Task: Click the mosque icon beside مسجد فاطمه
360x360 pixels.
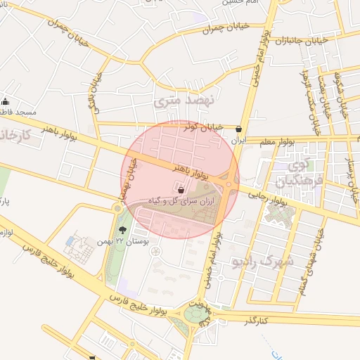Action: click(6, 101)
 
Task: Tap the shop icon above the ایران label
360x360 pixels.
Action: click(240, 129)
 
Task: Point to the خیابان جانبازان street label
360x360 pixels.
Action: click(302, 41)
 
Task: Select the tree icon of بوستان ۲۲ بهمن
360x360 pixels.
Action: click(124, 229)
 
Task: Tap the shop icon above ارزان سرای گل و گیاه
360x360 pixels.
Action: click(181, 190)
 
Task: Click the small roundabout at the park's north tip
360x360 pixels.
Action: click(117, 208)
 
